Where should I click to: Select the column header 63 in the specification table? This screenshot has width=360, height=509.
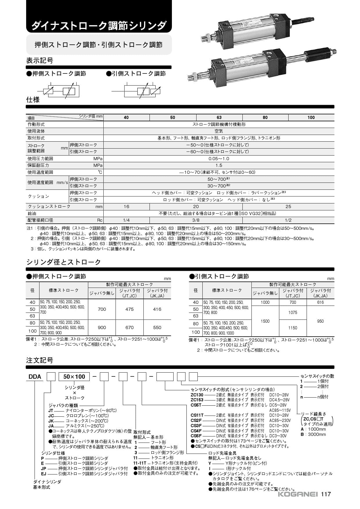(219, 118)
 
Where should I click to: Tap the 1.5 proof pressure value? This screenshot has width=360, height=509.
(219, 165)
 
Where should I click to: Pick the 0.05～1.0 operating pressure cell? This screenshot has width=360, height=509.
(219, 159)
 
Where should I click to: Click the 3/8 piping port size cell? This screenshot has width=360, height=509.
(196, 220)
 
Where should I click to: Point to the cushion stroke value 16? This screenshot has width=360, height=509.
(126, 207)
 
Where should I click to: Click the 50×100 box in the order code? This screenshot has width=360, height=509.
(74, 377)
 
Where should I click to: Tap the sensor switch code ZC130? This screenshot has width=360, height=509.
(197, 395)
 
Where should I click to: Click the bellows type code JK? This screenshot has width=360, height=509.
(51, 421)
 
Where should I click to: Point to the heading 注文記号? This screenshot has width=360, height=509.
(40, 360)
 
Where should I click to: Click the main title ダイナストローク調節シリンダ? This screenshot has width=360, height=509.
(99, 26)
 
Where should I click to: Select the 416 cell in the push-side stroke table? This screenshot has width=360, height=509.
(157, 309)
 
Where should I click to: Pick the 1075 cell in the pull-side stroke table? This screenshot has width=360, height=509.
(293, 313)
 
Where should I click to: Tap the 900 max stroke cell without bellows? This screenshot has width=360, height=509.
(102, 328)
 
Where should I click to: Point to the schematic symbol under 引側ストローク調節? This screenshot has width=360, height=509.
(142, 91)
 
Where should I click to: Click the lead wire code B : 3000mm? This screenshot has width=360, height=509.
(314, 434)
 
